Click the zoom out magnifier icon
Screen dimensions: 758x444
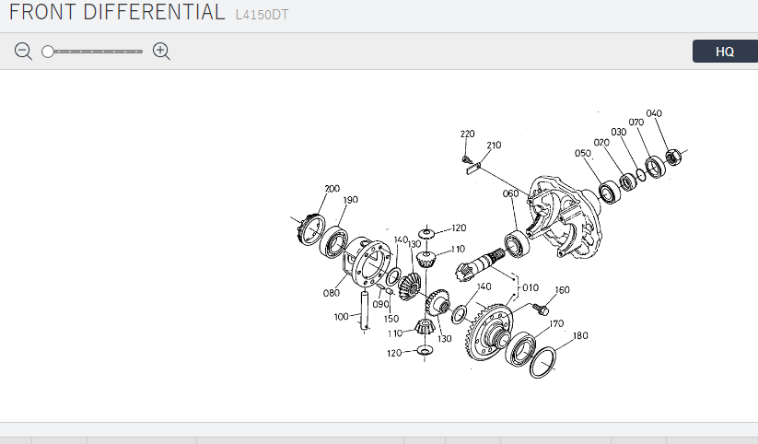23,51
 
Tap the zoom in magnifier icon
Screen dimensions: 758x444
161,51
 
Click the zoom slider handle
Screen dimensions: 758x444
47,52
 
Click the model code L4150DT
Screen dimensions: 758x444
262,15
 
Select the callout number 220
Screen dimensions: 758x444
468,134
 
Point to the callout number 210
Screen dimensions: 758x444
494,146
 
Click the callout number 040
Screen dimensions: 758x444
654,113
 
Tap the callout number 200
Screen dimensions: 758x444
332,189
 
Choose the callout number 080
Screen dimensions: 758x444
332,293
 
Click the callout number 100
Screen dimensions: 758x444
342,317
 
